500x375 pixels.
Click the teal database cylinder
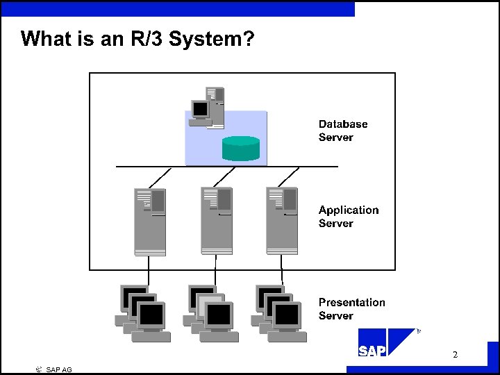point(240,148)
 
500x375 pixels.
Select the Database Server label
point(342,131)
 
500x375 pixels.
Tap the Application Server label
point(349,216)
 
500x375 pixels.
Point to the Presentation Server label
point(351,308)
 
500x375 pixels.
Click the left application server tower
point(150,221)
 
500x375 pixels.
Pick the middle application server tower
point(216,221)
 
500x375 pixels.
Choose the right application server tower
point(281,221)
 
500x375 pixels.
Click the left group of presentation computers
point(143,313)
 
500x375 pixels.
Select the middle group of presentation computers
point(211,313)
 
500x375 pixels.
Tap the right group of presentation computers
point(279,313)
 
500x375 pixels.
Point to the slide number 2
point(455,355)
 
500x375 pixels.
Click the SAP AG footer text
point(59,369)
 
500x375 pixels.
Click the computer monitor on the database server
point(201,110)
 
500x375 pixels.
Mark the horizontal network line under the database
point(226,167)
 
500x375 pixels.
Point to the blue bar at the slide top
point(177,8)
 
